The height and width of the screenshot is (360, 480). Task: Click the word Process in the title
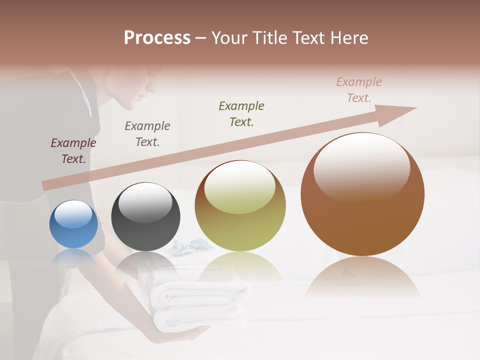tap(157, 37)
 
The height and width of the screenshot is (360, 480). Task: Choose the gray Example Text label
tap(147, 134)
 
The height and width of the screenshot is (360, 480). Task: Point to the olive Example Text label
tap(241, 114)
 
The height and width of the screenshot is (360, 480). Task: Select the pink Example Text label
tap(358, 90)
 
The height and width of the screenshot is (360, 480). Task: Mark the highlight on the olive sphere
tap(239, 187)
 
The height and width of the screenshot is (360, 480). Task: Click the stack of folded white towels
tap(200, 300)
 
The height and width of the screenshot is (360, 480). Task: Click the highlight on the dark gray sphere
tap(145, 202)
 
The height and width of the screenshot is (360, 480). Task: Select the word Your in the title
tap(228, 37)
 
